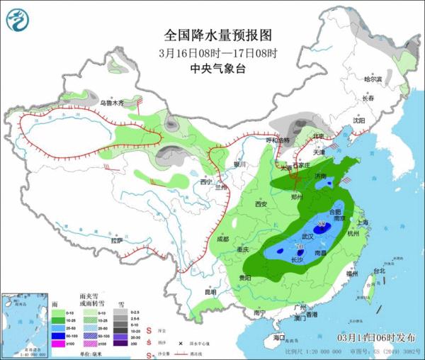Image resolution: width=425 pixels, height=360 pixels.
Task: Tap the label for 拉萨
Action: coord(117,241)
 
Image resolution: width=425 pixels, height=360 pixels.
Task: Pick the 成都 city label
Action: coord(222,239)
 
